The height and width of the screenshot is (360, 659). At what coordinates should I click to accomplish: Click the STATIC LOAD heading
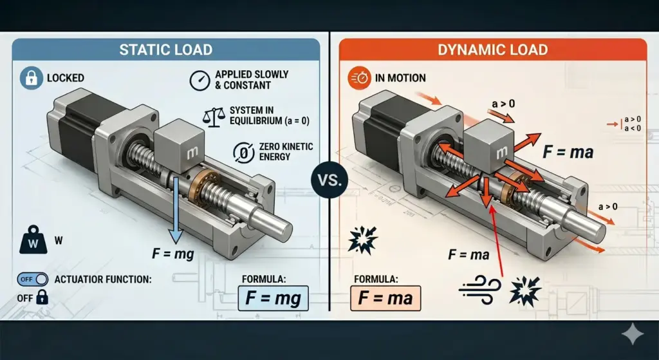pyautogui.click(x=165, y=50)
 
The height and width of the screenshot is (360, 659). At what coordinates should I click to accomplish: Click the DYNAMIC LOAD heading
pyautogui.click(x=492, y=50)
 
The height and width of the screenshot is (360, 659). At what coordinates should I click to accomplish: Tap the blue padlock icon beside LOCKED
pyautogui.click(x=32, y=78)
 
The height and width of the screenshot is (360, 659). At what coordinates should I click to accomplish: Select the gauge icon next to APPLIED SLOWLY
pyautogui.click(x=200, y=81)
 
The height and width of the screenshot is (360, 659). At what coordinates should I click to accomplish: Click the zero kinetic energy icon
pyautogui.click(x=244, y=152)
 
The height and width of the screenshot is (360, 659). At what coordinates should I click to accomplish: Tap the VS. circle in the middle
pyautogui.click(x=330, y=180)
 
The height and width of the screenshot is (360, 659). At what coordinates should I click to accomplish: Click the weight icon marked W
pyautogui.click(x=33, y=240)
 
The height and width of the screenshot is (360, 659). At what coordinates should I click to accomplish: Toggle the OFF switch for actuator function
pyautogui.click(x=32, y=279)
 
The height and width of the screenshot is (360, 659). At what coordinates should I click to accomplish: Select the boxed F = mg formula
pyautogui.click(x=273, y=298)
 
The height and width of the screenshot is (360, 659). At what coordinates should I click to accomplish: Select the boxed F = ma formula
pyautogui.click(x=385, y=298)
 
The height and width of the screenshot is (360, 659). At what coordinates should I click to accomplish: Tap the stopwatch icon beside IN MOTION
pyautogui.click(x=359, y=78)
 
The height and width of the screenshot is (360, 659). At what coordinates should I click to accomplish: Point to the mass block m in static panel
pyautogui.click(x=180, y=146)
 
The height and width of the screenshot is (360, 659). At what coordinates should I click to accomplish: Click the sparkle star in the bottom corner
pyautogui.click(x=632, y=334)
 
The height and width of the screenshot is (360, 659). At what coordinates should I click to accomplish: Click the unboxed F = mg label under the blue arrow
pyautogui.click(x=173, y=254)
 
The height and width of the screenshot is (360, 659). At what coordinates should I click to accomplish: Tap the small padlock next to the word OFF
pyautogui.click(x=42, y=298)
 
